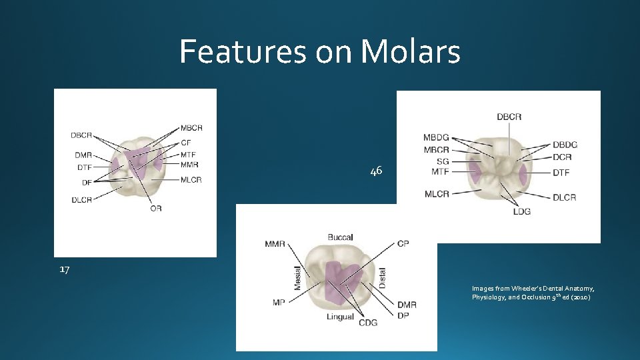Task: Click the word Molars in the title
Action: coord(409,51)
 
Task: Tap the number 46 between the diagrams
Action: coord(376,171)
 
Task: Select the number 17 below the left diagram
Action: coord(64,269)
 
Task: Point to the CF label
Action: coord(186,143)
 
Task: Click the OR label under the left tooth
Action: coord(155,209)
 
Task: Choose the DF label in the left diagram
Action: coord(87,182)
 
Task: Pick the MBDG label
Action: coord(436,138)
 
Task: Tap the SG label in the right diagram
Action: coord(443,161)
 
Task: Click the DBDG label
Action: coord(565,145)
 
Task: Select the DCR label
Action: coord(562,157)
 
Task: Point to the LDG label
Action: coord(522,211)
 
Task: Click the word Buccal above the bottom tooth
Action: coord(340,237)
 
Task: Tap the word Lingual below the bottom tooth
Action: coord(340,317)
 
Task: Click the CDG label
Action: coord(367,323)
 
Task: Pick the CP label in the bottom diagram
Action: coord(403,243)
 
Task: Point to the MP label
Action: coord(279,302)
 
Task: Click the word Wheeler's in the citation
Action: coord(520,288)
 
